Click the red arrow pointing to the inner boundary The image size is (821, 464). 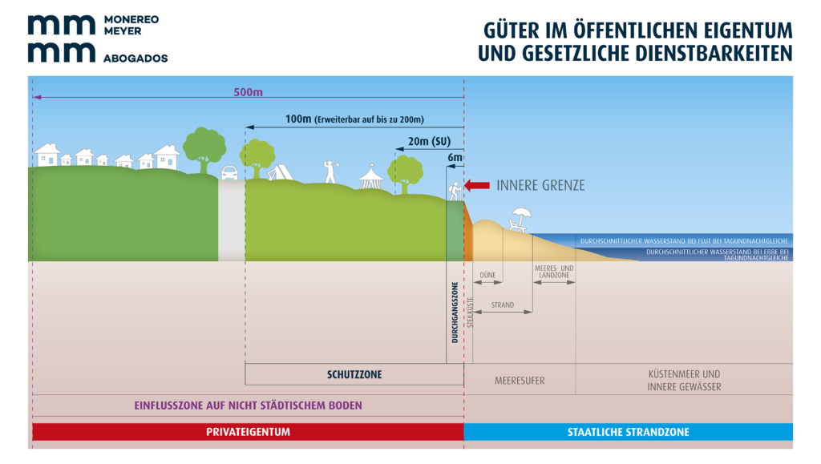pyautogui.click(x=478, y=185)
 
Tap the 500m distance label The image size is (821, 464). pyautogui.click(x=248, y=92)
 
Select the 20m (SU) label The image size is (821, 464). pyautogui.click(x=430, y=142)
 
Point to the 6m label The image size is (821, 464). pyautogui.click(x=455, y=158)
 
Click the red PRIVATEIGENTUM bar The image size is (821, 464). pyautogui.click(x=248, y=432)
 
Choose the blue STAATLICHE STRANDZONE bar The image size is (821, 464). pyautogui.click(x=629, y=432)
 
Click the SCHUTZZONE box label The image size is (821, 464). pyautogui.click(x=354, y=374)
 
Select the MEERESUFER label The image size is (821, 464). pyautogui.click(x=520, y=381)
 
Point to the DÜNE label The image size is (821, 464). pyautogui.click(x=487, y=276)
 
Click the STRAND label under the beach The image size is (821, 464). pyautogui.click(x=503, y=305)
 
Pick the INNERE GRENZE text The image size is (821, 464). pyautogui.click(x=540, y=185)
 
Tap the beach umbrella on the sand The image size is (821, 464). pyautogui.click(x=521, y=214)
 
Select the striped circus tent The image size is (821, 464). pyautogui.click(x=370, y=177)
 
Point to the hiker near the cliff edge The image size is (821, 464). pyautogui.click(x=455, y=191)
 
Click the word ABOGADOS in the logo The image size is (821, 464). pyautogui.click(x=135, y=59)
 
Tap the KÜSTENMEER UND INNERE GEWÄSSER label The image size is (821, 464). pyautogui.click(x=684, y=380)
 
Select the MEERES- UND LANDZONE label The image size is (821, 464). pyautogui.click(x=552, y=272)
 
